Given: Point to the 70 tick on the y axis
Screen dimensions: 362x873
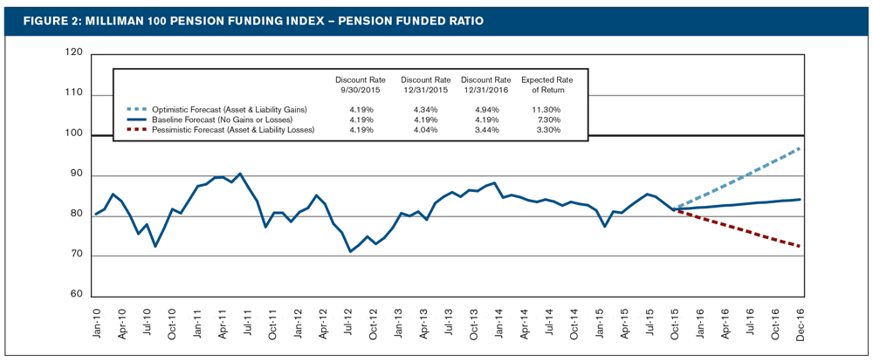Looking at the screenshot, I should [76, 256].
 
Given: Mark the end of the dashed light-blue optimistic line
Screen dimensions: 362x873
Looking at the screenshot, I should [801, 148].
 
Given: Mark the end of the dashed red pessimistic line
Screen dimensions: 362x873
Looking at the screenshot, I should [801, 246].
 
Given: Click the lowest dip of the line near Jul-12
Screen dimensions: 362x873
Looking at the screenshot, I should [350, 251].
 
